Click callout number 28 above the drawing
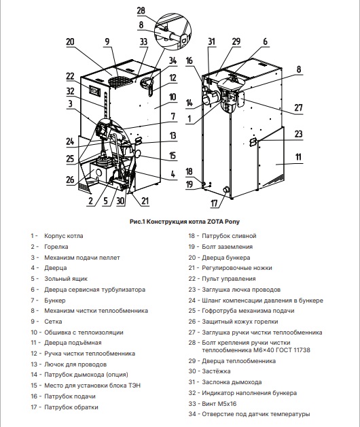[x=141, y=11]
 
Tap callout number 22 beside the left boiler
[x=70, y=76]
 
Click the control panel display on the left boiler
[x=94, y=90]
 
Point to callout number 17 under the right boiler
[x=215, y=203]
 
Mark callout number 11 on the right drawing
[x=298, y=157]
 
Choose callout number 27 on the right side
[x=298, y=107]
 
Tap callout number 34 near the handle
[x=173, y=61]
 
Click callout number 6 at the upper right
[x=265, y=41]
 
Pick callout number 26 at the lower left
[x=70, y=180]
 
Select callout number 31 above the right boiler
[x=212, y=41]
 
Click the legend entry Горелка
[x=56, y=247]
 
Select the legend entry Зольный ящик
[x=66, y=279]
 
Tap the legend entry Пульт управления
[x=229, y=279]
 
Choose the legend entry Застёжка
[x=216, y=371]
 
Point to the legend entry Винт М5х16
[x=219, y=404]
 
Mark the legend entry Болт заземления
[x=228, y=247]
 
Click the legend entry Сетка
[x=53, y=322]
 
